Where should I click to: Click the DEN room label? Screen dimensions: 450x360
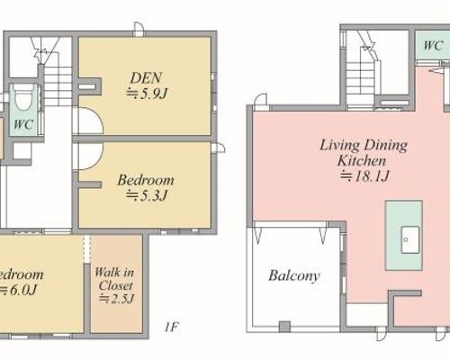pos(146,78)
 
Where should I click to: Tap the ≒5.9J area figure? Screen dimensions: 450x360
pos(146,94)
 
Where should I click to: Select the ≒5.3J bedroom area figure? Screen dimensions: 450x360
pos(146,195)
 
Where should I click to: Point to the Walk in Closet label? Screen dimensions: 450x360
pos(115,279)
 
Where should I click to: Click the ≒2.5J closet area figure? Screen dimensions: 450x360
pos(117,299)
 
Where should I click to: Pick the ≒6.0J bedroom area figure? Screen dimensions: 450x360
pos(18,290)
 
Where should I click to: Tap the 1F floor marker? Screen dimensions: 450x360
pos(172,327)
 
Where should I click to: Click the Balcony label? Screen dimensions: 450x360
pos(294,275)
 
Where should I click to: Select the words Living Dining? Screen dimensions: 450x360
pos(364,146)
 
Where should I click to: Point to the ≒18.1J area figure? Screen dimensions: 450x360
pos(364,176)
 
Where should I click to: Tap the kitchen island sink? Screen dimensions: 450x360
pos(410,239)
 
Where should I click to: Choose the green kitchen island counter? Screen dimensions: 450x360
pos(404,236)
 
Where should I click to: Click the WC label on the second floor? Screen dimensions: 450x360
pos(433,46)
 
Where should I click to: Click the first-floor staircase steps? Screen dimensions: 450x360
pos(58,86)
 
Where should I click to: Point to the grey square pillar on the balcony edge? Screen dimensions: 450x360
pos(284,327)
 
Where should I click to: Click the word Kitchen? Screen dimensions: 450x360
pos(362,161)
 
